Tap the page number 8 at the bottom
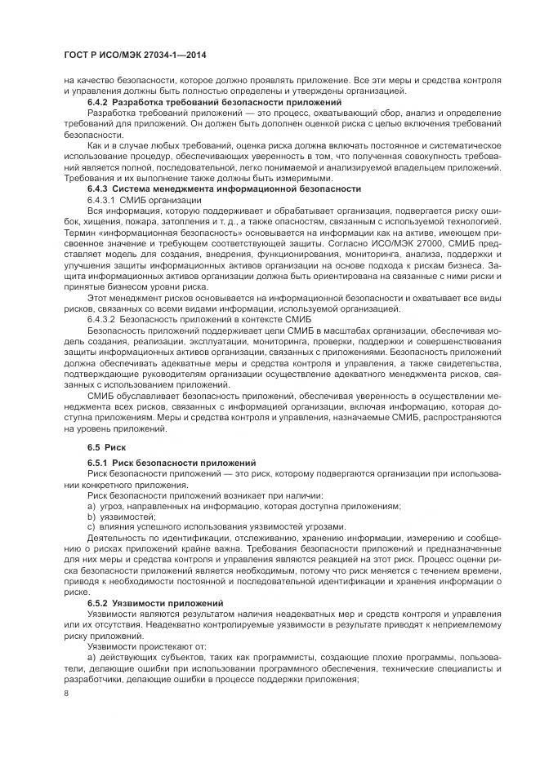(x=67, y=694)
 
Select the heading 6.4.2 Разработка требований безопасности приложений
(x=214, y=103)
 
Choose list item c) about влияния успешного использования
(x=216, y=526)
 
